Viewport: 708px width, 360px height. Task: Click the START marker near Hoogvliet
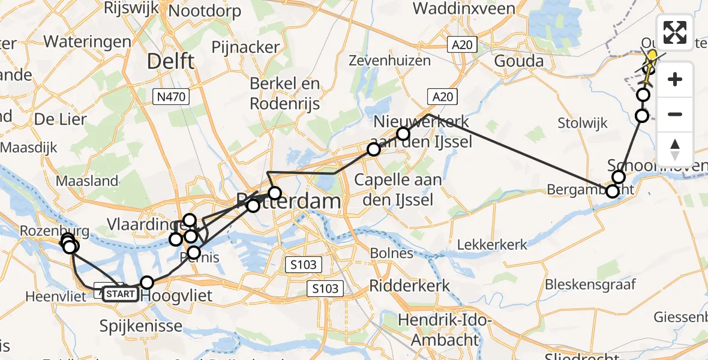click(119, 294)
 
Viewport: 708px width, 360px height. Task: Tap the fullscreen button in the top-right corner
click(675, 32)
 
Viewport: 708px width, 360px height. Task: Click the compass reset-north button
click(675, 149)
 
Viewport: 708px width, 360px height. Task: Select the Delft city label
click(171, 61)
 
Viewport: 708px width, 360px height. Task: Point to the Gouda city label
click(520, 61)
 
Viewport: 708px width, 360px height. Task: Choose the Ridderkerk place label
click(410, 286)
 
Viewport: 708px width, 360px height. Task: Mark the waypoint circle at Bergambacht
click(612, 191)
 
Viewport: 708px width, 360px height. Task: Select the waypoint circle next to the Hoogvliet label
click(147, 282)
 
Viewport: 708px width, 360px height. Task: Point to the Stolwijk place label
click(582, 124)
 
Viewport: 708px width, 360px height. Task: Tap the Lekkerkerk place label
click(492, 244)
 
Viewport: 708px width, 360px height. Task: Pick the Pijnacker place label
click(245, 47)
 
